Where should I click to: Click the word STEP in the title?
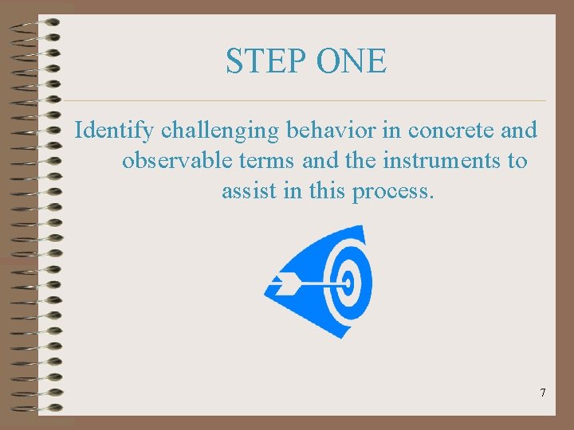click(259, 61)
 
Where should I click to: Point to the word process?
click(393, 192)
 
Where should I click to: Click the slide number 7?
click(543, 393)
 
